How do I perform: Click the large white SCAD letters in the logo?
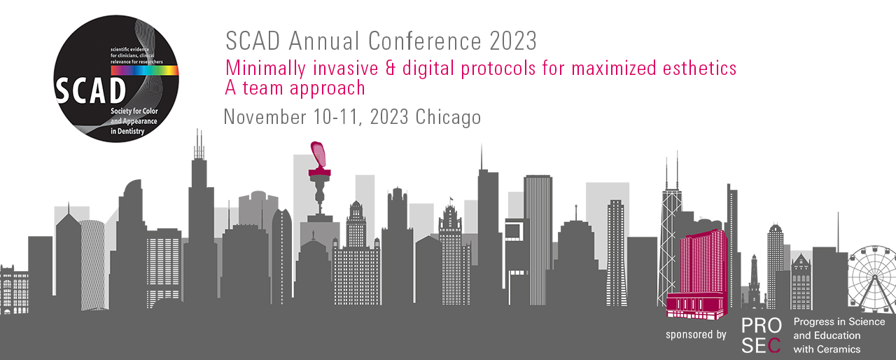[90, 91]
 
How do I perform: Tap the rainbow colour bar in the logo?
[144, 71]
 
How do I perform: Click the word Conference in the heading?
[424, 41]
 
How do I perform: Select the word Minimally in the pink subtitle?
[265, 69]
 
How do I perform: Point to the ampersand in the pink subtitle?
[391, 68]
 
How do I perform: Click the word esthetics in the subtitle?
[699, 68]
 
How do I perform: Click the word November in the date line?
[265, 117]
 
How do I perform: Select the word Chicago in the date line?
[448, 118]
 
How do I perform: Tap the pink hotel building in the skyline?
[698, 274]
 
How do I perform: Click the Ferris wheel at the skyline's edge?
[872, 278]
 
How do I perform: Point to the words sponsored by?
[696, 335]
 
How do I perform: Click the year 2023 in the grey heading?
[513, 41]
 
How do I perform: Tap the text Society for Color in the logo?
[134, 111]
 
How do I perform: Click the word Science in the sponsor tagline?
[867, 321]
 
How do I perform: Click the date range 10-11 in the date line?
[338, 117]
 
